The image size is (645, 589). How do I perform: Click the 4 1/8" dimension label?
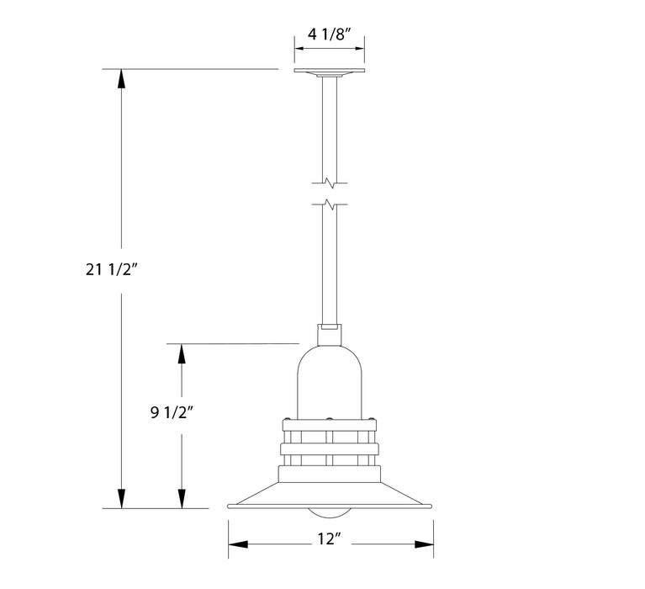pyautogui.click(x=329, y=36)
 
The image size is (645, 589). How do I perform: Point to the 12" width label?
pyautogui.click(x=330, y=541)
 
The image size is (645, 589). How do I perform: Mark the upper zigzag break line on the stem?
pyautogui.click(x=329, y=182)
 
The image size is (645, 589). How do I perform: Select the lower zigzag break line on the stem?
pyautogui.click(x=329, y=204)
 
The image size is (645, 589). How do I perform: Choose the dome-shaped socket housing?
pyautogui.click(x=329, y=379)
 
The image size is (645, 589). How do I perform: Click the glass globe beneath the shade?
pyautogui.click(x=329, y=513)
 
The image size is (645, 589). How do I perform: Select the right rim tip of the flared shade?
pyautogui.click(x=431, y=507)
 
